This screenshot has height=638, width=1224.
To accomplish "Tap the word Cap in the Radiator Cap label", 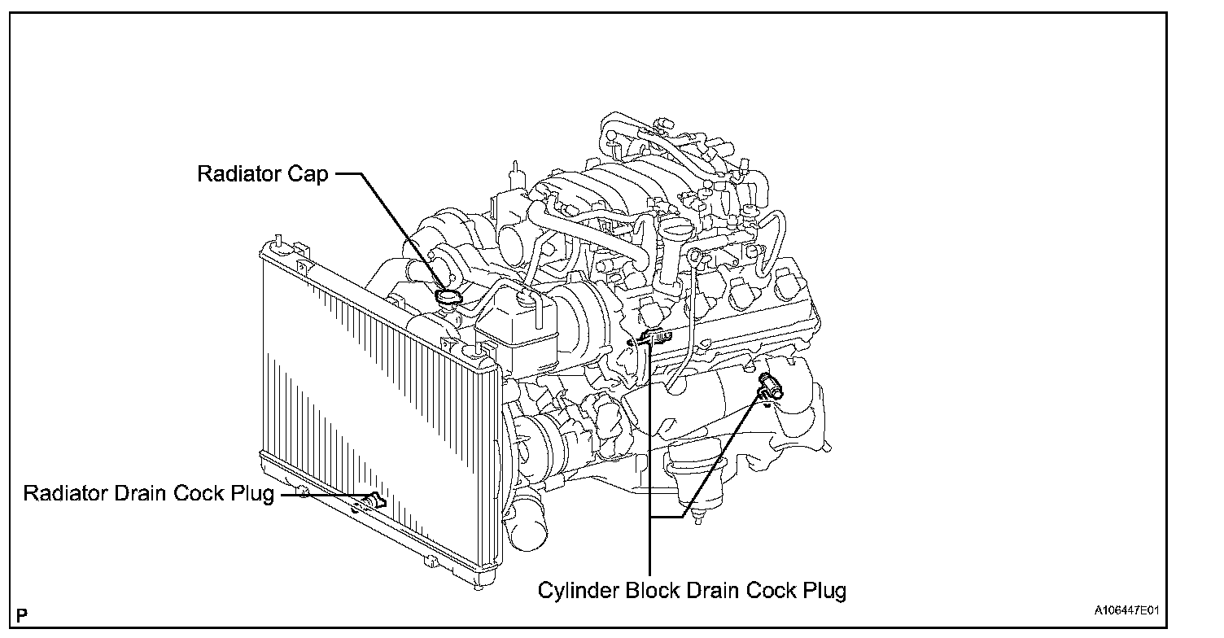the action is coord(308,175).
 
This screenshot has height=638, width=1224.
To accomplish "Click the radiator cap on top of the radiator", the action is coord(448,298).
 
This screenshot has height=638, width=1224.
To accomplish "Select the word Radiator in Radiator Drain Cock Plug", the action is coord(65,493).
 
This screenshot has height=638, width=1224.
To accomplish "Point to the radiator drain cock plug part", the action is coord(376,500).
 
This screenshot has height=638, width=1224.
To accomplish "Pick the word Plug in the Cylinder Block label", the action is coord(824,591).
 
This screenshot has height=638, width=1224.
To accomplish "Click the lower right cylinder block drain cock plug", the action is coord(771,385).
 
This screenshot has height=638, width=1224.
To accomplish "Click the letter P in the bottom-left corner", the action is coord(22,615).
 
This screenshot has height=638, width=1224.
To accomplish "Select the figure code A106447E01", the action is coord(1126,610).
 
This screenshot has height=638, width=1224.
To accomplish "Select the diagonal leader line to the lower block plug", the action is coord(721,454).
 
